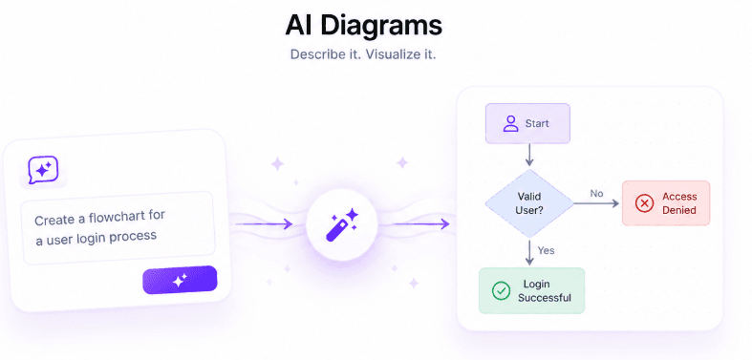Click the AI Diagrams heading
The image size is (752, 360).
coord(363,26)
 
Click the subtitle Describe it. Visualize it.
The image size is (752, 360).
coord(363,54)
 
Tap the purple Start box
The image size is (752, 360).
coord(527,123)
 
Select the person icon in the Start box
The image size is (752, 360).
coord(511,123)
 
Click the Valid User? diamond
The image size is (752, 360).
coord(529,203)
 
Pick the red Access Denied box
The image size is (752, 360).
coord(666,203)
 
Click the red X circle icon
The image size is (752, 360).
coord(644,203)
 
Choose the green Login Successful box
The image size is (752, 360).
coord(532,291)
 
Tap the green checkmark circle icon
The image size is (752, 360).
coord(501,291)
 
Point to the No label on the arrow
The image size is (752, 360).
coord(596,194)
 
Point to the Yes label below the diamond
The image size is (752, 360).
coord(546,250)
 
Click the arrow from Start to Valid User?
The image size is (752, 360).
coord(529,155)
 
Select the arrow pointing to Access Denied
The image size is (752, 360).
coord(596,203)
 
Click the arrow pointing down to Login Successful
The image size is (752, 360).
coord(529,252)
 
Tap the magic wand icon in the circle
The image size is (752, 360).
coord(342,223)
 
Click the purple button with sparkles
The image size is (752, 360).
coord(180,280)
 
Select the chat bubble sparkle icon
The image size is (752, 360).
coord(43,170)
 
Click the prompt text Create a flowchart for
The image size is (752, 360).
coord(99,217)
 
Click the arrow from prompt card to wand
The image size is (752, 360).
coord(265,223)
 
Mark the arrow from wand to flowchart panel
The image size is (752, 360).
coord(421,223)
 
